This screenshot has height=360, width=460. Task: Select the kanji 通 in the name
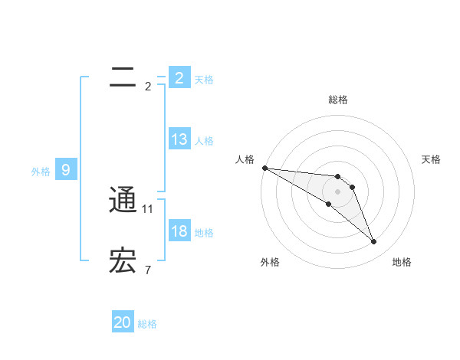(x=123, y=201)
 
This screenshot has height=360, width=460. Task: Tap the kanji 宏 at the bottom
(x=123, y=261)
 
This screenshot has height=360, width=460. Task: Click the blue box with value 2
(x=179, y=77)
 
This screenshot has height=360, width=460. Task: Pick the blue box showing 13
(x=179, y=139)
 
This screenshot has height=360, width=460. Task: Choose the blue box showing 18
(x=179, y=231)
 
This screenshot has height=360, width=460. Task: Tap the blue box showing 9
(x=66, y=170)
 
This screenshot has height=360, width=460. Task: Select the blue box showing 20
(x=123, y=322)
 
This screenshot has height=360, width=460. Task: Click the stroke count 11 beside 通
(x=148, y=208)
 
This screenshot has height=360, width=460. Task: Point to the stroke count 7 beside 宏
(x=148, y=270)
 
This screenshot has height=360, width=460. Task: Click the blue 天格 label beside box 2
(x=204, y=79)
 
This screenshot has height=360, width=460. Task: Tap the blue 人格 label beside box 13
(x=204, y=140)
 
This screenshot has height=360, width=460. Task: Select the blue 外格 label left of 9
(x=41, y=172)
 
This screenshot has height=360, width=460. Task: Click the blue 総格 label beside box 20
(x=147, y=324)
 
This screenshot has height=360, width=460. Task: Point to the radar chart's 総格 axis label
(x=338, y=100)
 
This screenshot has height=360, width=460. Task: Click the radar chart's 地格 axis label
(x=402, y=262)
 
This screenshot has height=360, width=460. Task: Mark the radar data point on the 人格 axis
(x=264, y=167)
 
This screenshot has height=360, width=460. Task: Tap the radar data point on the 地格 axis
(x=373, y=242)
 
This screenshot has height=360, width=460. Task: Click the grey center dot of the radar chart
(x=338, y=191)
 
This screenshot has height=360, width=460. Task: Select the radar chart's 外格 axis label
(x=270, y=262)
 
